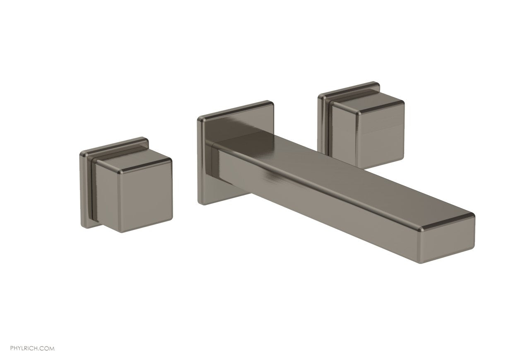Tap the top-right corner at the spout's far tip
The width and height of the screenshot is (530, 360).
click(x=473, y=215)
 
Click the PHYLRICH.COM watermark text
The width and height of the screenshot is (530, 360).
click(x=27, y=349)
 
